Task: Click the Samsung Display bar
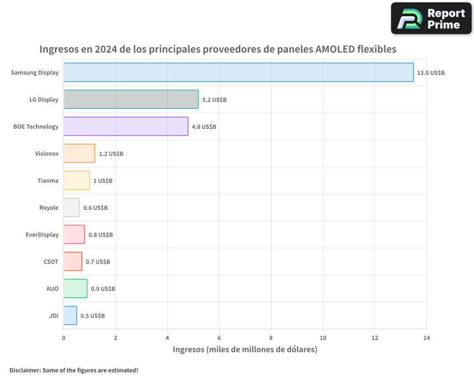point(238,72)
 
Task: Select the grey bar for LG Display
point(131,99)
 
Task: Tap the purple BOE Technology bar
point(126,126)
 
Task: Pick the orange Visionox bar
point(79,153)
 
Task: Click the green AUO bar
point(75,289)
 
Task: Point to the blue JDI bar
point(70,316)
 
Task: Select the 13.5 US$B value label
point(431,73)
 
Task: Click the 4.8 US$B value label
point(204,127)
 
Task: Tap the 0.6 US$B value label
point(95,208)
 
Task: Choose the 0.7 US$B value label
point(98,262)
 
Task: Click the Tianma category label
point(48,180)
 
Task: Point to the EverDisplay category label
point(42,235)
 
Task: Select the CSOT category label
point(51,262)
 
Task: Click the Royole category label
point(49,208)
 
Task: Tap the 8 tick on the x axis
point(271,338)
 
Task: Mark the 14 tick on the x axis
point(427,338)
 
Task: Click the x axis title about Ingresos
point(245,350)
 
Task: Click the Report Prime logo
point(431,18)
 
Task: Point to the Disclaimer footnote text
point(73,370)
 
